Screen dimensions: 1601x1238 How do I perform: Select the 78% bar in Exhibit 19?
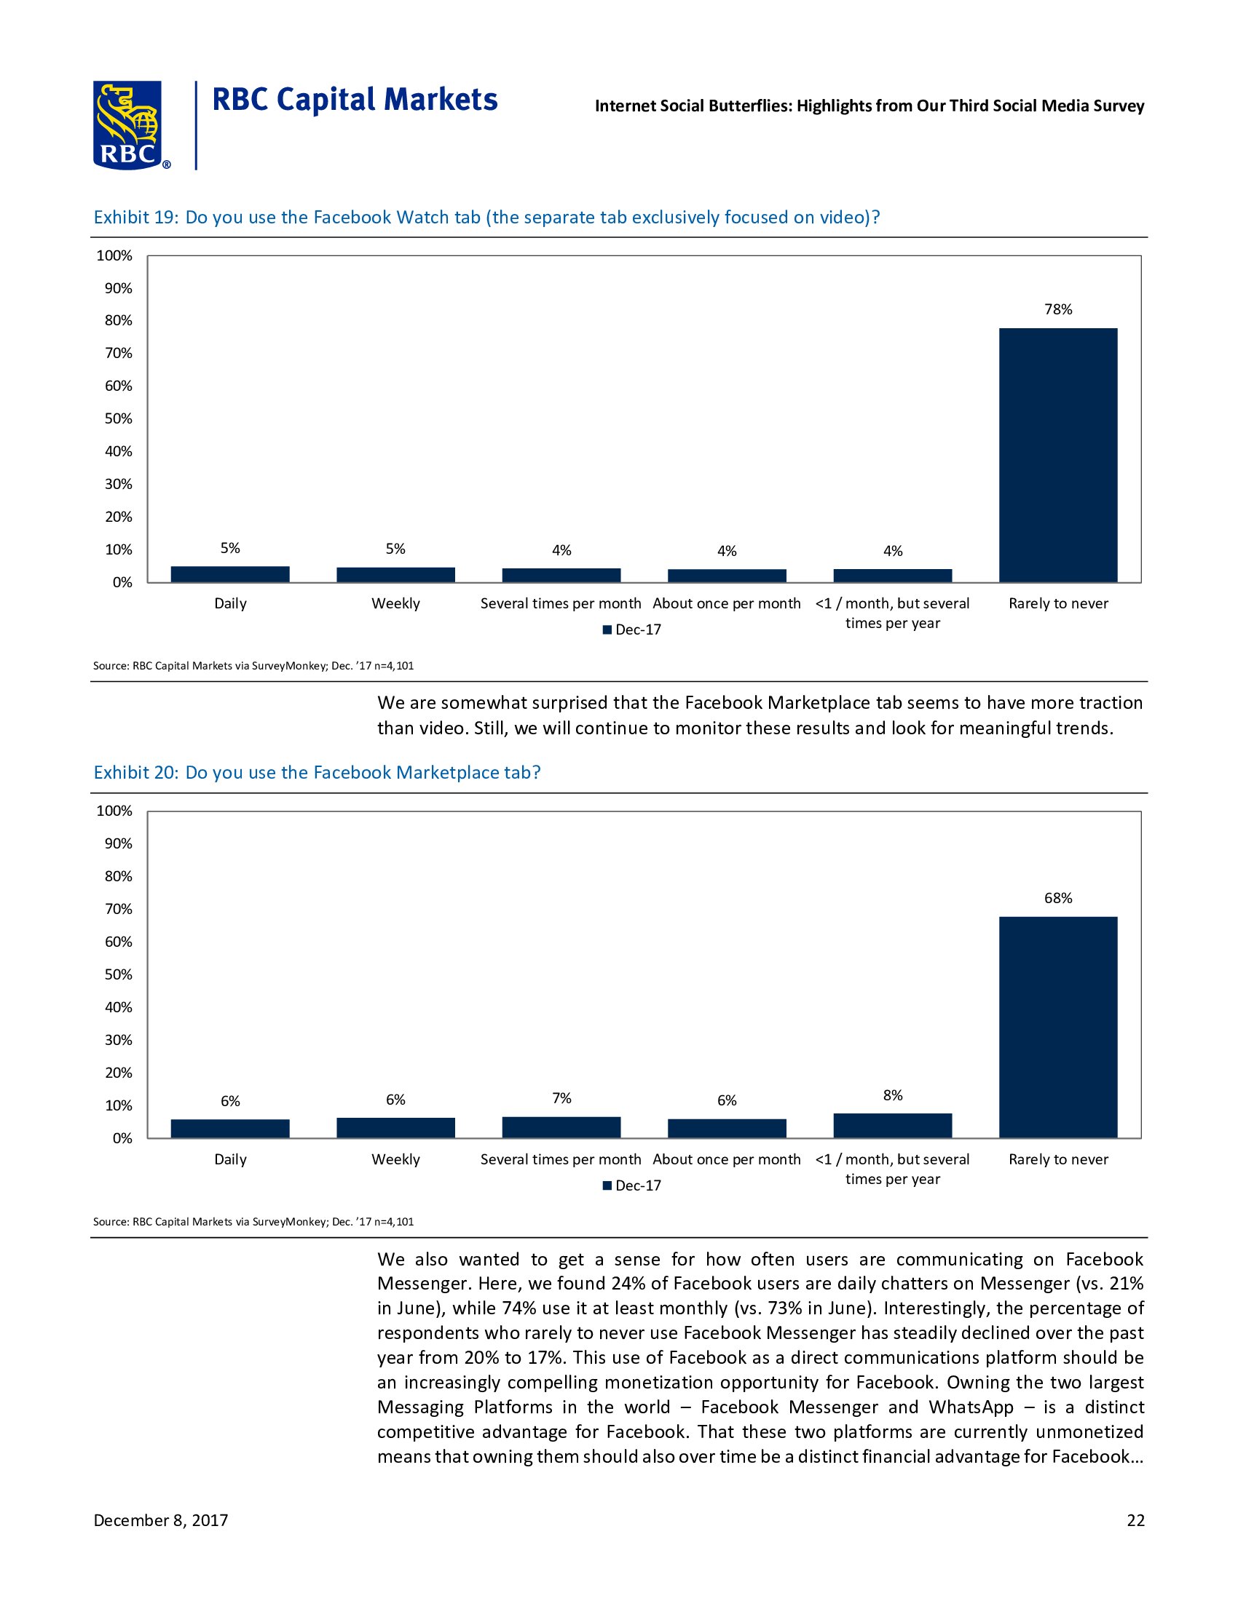1057,455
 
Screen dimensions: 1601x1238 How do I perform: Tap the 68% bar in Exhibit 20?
1057,1026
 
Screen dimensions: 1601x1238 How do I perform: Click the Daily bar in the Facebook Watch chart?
229,574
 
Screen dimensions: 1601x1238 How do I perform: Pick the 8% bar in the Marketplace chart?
892,1125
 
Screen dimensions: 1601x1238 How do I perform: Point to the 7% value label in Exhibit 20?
561,1097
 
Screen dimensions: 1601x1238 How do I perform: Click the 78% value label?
1057,309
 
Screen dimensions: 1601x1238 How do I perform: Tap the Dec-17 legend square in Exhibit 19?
607,629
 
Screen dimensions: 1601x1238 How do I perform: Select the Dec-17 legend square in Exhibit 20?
607,1185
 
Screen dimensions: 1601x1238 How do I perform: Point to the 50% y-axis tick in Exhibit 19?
118,418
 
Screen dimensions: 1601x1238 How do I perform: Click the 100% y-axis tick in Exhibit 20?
114,811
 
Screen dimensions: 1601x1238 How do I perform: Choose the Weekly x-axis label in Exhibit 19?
395,603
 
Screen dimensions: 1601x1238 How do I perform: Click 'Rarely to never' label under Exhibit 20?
1057,1159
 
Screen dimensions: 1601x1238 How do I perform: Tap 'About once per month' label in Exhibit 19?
726,603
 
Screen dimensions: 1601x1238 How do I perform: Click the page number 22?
1135,1519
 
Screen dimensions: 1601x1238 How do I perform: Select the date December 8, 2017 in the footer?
161,1519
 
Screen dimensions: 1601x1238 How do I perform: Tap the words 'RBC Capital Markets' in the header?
355,100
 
